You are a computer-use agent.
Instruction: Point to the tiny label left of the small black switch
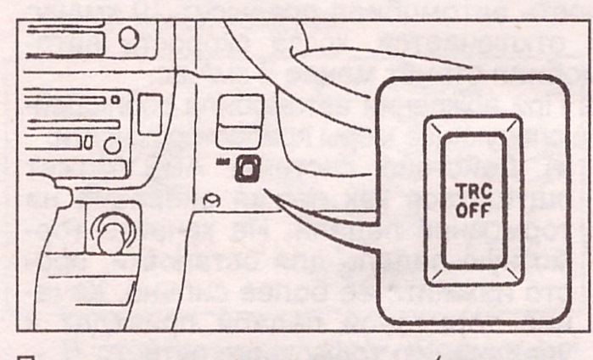tap(222, 161)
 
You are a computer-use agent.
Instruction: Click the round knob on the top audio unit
tap(129, 39)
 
